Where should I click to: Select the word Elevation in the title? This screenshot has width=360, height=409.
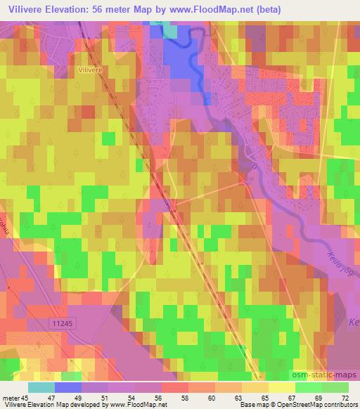[72, 8]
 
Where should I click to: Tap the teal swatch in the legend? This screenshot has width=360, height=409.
[41, 387]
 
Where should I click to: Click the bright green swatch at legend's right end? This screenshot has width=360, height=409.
[335, 387]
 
